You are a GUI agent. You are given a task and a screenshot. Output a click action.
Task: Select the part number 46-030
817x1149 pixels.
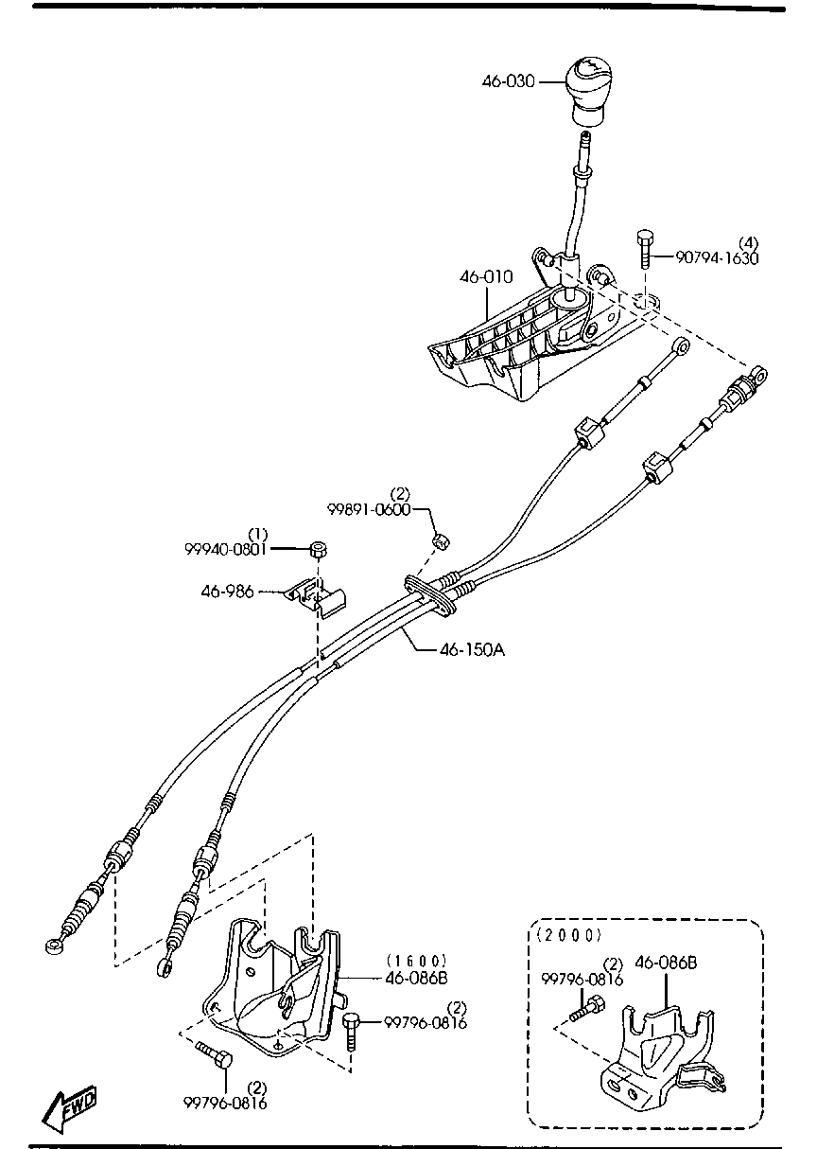point(508,81)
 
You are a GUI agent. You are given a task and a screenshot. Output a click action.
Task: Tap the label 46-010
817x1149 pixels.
point(486,277)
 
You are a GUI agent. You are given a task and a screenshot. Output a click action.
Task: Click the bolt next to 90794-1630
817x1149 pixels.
point(645,250)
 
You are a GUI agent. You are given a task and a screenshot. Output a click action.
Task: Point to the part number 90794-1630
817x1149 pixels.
point(716,257)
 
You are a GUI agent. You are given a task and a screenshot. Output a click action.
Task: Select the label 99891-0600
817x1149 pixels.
point(370,508)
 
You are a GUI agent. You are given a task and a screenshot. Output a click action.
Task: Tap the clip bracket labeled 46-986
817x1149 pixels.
point(319,597)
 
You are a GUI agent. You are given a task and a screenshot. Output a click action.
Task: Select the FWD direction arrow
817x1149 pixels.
point(71,1108)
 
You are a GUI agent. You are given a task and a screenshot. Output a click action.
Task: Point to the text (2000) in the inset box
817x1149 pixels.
point(568,935)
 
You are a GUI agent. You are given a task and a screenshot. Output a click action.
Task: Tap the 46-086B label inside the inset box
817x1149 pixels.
point(666,963)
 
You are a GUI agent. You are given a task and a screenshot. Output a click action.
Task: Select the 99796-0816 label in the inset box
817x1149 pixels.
point(582,981)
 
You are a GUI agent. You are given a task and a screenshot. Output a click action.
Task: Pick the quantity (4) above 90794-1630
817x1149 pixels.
point(747,243)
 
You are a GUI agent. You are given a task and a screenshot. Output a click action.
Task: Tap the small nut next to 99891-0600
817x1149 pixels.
point(440,541)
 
